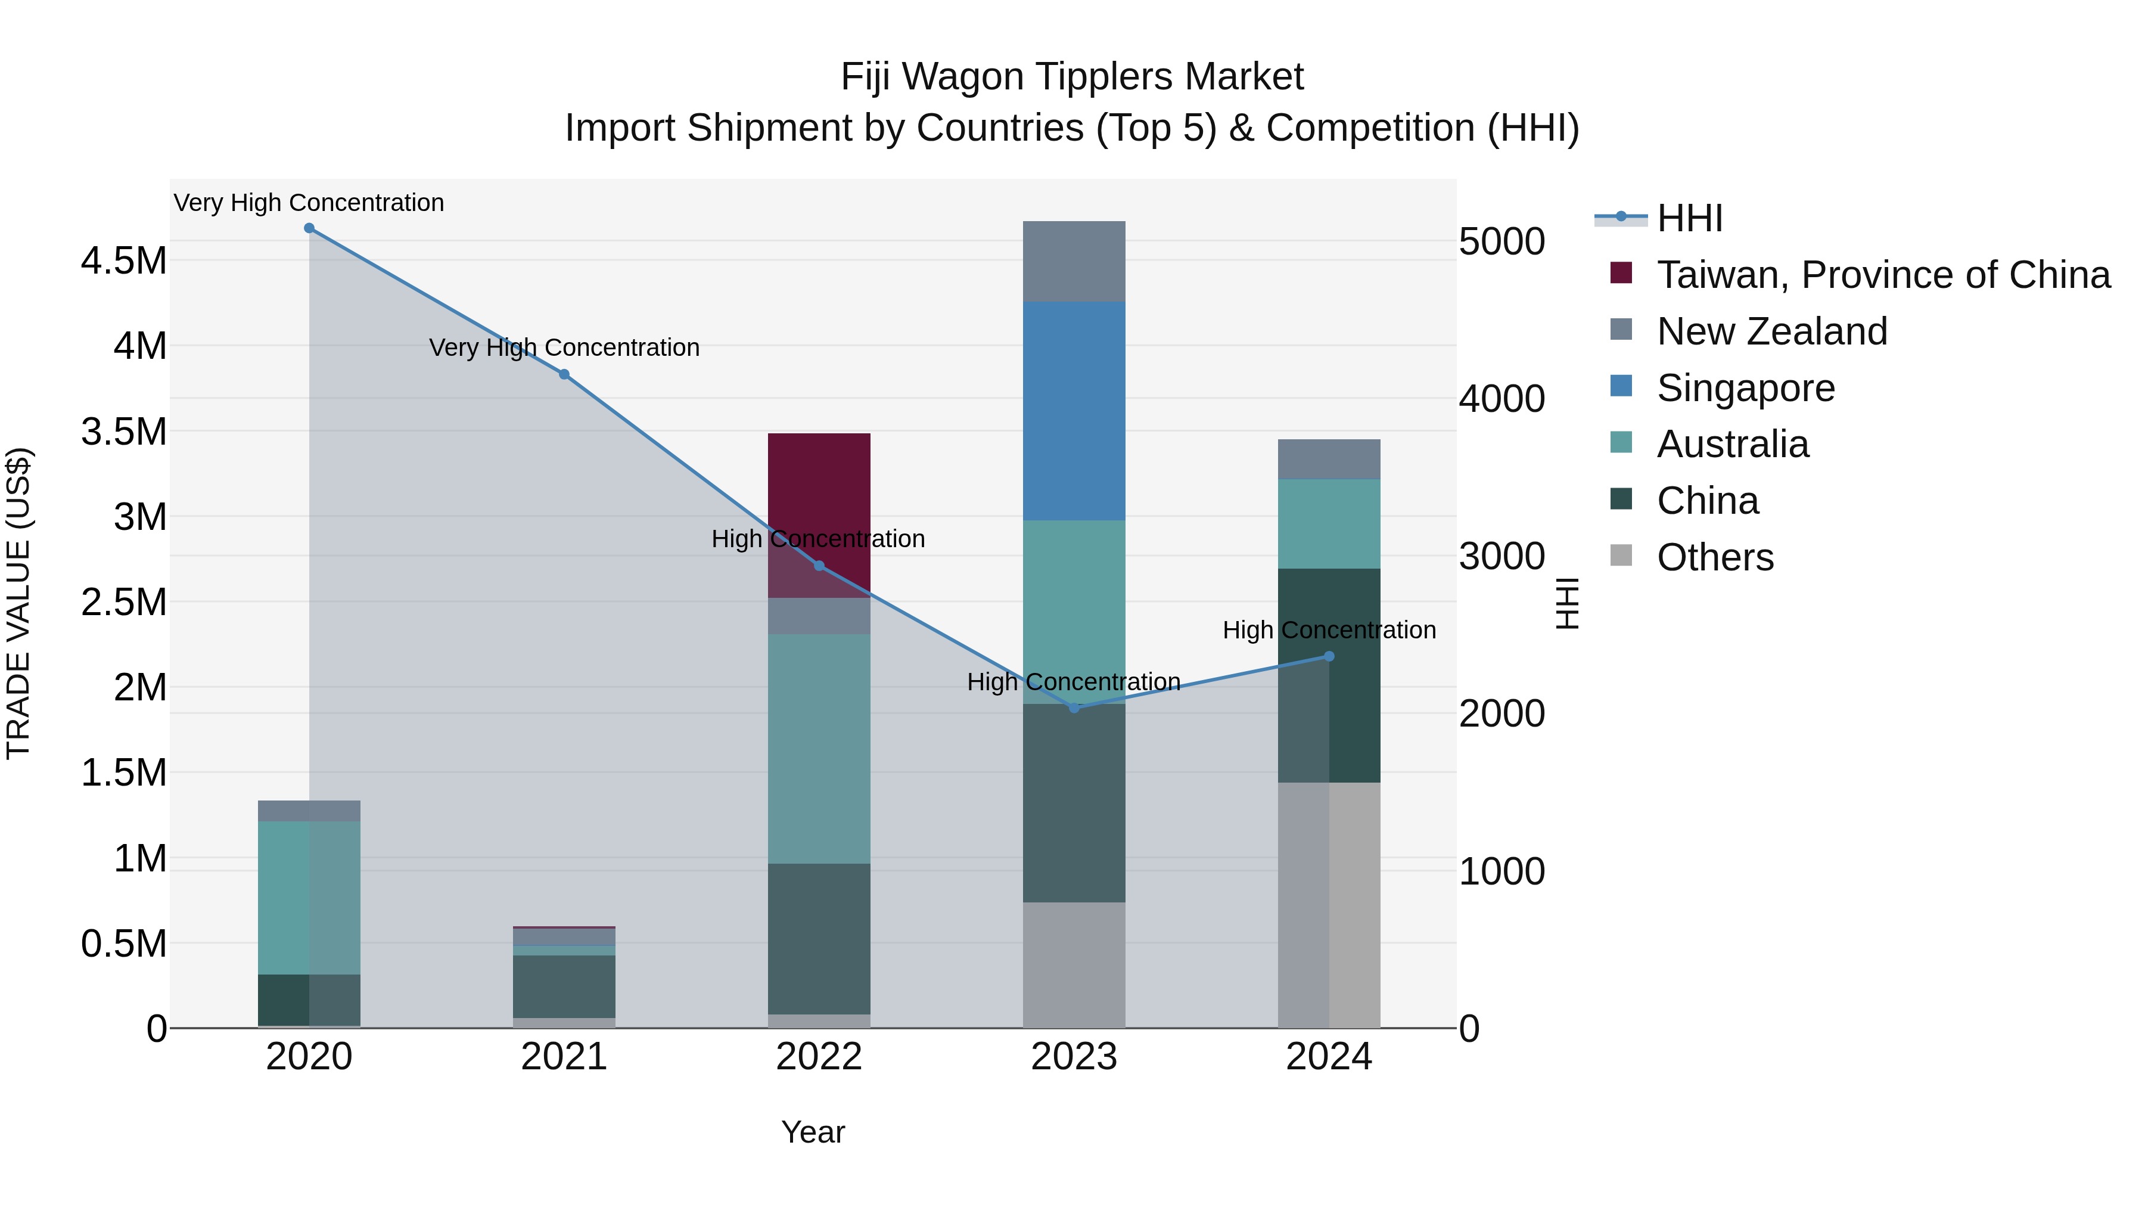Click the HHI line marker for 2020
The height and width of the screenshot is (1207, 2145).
click(309, 228)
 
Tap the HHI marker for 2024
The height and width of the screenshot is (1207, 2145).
click(1328, 656)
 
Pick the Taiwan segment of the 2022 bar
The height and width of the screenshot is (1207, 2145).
click(819, 500)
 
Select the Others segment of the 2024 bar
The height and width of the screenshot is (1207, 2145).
click(1328, 905)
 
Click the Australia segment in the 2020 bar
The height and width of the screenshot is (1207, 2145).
click(309, 898)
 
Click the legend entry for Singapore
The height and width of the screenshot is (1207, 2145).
click(1745, 388)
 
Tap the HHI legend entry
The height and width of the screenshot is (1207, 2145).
click(1689, 218)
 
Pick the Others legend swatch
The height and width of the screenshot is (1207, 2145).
click(1621, 556)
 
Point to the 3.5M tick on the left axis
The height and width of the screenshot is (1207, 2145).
click(123, 432)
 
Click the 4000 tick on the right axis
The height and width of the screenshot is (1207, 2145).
click(1501, 399)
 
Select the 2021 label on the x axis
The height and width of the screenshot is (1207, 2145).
click(564, 1057)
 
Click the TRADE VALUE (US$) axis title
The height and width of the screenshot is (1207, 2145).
click(19, 603)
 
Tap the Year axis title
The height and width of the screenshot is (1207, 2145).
click(813, 1132)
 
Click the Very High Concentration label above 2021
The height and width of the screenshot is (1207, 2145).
click(564, 347)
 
